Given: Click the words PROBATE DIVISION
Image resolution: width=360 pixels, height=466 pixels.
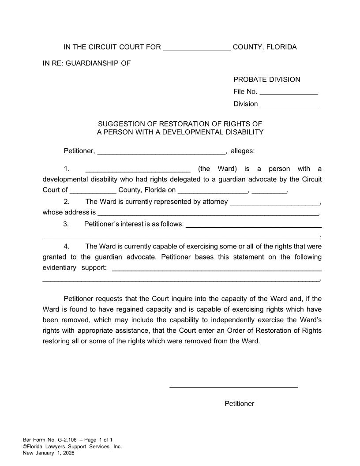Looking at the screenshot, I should click(266, 79).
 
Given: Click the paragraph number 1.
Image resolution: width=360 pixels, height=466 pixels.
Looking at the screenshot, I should click(67, 169).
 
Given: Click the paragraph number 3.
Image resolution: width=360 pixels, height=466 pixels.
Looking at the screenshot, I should click(66, 224).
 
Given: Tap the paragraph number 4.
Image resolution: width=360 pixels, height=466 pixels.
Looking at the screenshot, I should click(67, 246).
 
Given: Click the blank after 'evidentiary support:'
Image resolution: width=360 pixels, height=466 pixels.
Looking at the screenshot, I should click(217, 269).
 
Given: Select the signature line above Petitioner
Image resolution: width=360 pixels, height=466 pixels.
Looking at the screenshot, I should click(233, 387).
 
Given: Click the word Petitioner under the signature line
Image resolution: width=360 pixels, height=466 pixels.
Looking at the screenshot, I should click(239, 403).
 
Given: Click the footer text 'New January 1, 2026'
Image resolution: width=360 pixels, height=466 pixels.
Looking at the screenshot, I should click(49, 453).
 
